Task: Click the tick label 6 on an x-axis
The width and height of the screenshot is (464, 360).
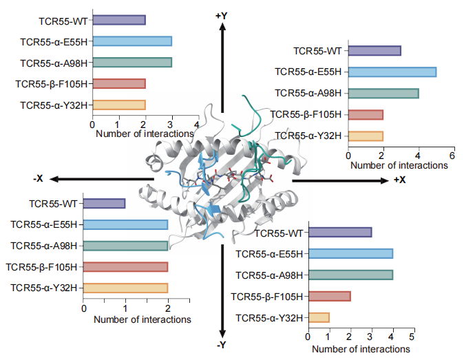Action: (x=452, y=155)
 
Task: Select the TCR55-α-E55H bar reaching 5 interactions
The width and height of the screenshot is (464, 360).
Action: (x=392, y=72)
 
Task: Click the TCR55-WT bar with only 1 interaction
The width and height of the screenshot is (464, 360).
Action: (x=104, y=203)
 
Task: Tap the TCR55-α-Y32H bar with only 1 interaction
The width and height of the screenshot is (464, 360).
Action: (x=319, y=317)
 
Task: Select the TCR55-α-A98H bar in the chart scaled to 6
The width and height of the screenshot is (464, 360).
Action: (x=383, y=93)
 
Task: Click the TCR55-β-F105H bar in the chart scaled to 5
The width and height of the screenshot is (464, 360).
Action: (x=330, y=296)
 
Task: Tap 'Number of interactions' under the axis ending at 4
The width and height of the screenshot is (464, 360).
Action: (x=145, y=134)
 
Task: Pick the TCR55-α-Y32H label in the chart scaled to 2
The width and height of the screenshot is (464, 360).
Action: (x=42, y=288)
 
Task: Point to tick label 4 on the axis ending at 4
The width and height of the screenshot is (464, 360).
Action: (x=198, y=125)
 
